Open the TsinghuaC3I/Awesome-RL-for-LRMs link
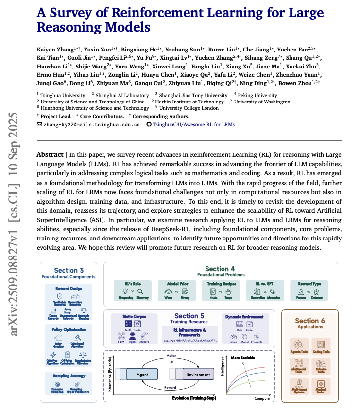[x=194, y=125]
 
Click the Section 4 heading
[x=220, y=268]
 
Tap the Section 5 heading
[x=189, y=316]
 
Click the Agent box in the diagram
[x=143, y=375]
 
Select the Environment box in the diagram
[x=198, y=375]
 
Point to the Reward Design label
[x=67, y=288]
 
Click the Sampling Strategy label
[x=67, y=375]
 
